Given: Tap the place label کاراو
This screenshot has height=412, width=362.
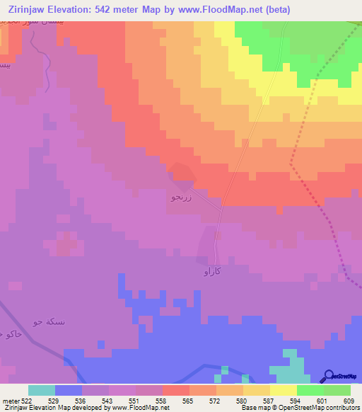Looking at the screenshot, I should pos(213,272).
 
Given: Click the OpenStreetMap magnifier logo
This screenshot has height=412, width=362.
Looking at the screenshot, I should pos(327,377).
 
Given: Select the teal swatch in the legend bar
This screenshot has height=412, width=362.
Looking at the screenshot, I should pos(42,390).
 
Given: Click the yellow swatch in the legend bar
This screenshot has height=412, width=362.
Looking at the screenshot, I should pos(284,390).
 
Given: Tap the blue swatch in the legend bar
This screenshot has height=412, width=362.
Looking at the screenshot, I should pos(69,390).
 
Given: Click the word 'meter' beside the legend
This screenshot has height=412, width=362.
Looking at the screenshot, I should pos(11,401).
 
